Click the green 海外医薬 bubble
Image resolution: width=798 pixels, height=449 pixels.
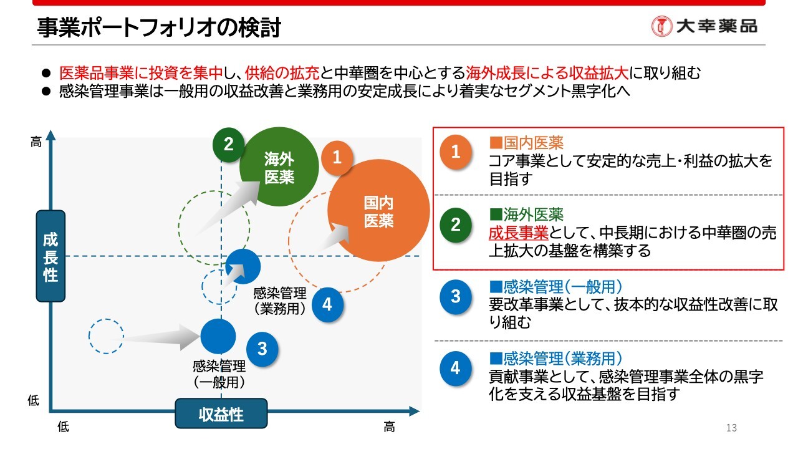tap(279, 167)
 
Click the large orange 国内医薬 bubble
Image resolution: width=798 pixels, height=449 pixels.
tap(378, 211)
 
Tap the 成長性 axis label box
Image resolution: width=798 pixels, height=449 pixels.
tap(50, 256)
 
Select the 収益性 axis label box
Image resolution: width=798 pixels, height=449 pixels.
tap(221, 413)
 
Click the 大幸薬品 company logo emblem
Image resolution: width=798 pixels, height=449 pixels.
tap(661, 26)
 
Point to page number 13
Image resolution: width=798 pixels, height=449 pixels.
tap(731, 428)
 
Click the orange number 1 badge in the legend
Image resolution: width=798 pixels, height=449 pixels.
tap(455, 152)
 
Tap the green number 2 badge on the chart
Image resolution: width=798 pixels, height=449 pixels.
tap(228, 144)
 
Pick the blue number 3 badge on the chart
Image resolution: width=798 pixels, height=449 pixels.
tap(262, 349)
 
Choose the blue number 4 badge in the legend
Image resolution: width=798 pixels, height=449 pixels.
tap(455, 369)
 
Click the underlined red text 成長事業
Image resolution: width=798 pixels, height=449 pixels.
tap(518, 233)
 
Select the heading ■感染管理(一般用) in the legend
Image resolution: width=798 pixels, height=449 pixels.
tap(556, 286)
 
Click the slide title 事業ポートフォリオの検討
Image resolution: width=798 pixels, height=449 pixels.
tap(159, 28)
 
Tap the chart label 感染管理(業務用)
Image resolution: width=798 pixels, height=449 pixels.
tap(280, 301)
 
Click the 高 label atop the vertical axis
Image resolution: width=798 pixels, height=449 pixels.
tap(36, 142)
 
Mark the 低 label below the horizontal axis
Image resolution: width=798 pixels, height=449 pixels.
tap(63, 427)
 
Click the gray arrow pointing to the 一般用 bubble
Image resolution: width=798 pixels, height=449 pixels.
tap(153, 337)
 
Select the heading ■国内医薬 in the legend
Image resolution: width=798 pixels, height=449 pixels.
tap(527, 143)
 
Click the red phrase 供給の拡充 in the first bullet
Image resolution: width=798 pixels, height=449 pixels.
tap(282, 73)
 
